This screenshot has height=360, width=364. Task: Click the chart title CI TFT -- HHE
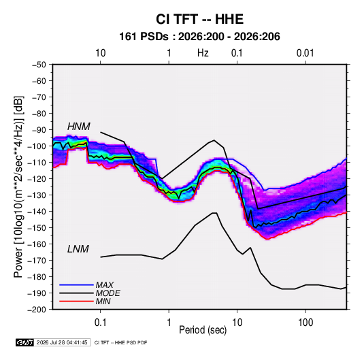199,19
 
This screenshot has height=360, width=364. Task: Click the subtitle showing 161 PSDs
199,37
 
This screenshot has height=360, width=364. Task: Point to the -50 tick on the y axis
39,65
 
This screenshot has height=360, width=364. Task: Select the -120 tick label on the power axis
37,179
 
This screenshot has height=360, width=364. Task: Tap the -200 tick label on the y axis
37,310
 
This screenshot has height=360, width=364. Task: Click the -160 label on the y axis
37,244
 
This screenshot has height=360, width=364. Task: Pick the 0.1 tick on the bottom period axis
101,323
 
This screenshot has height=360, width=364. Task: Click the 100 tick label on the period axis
305,323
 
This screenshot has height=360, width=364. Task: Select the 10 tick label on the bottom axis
237,323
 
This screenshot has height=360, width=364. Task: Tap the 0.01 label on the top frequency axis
305,53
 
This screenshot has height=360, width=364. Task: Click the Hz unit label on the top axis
203,53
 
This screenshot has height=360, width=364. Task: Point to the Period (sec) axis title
203,330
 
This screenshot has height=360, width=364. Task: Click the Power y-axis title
18,187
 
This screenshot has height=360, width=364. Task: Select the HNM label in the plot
79,127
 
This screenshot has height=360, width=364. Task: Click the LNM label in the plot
78,249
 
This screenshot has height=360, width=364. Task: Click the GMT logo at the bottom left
24,342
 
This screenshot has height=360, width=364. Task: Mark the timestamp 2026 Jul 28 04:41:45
62,342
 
